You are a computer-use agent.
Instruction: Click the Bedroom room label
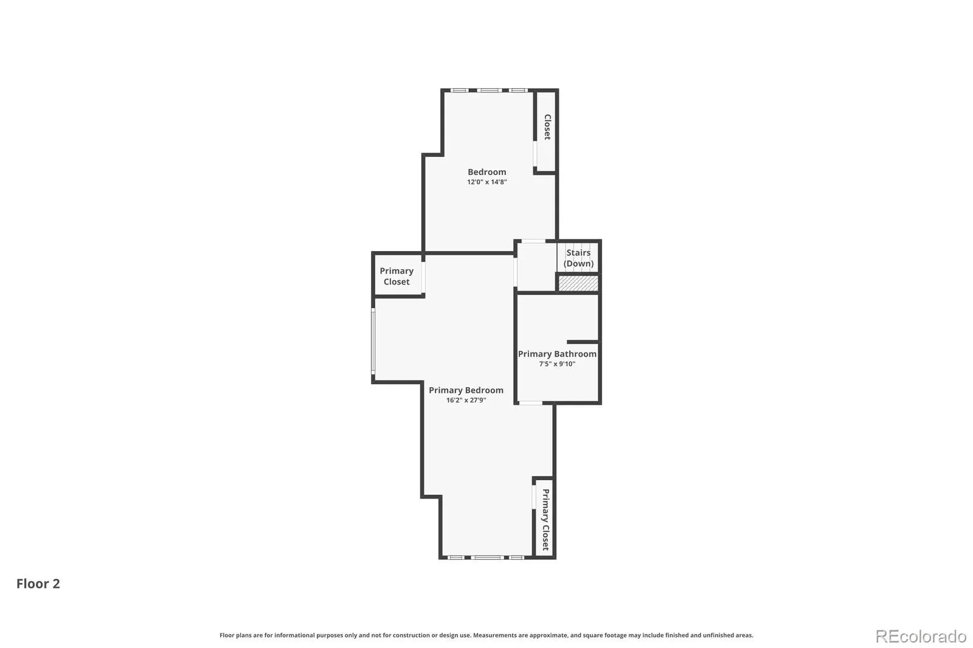click(486, 172)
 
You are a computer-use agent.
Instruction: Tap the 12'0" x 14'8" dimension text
click(486, 182)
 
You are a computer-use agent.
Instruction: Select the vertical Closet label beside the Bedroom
click(547, 127)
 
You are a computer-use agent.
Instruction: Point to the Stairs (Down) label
click(578, 258)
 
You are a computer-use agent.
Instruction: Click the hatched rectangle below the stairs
click(578, 283)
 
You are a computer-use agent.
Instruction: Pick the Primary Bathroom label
click(557, 354)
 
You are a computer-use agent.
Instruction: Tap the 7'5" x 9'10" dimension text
click(557, 364)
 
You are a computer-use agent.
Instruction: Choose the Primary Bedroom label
click(466, 390)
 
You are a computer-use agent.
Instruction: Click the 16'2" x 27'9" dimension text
click(466, 400)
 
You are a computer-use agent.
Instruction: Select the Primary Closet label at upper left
click(396, 276)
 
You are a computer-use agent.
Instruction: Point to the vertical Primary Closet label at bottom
click(545, 520)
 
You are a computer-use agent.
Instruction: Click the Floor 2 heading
click(38, 584)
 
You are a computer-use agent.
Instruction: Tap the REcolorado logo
click(921, 636)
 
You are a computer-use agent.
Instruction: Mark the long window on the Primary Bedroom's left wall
click(373, 341)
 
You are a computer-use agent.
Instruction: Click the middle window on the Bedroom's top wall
click(489, 91)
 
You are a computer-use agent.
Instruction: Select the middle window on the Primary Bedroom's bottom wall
click(487, 557)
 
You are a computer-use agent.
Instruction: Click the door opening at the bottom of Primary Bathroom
click(531, 403)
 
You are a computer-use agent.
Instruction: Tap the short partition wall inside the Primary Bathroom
click(583, 342)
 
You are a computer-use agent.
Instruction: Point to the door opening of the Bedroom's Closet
click(535, 154)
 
